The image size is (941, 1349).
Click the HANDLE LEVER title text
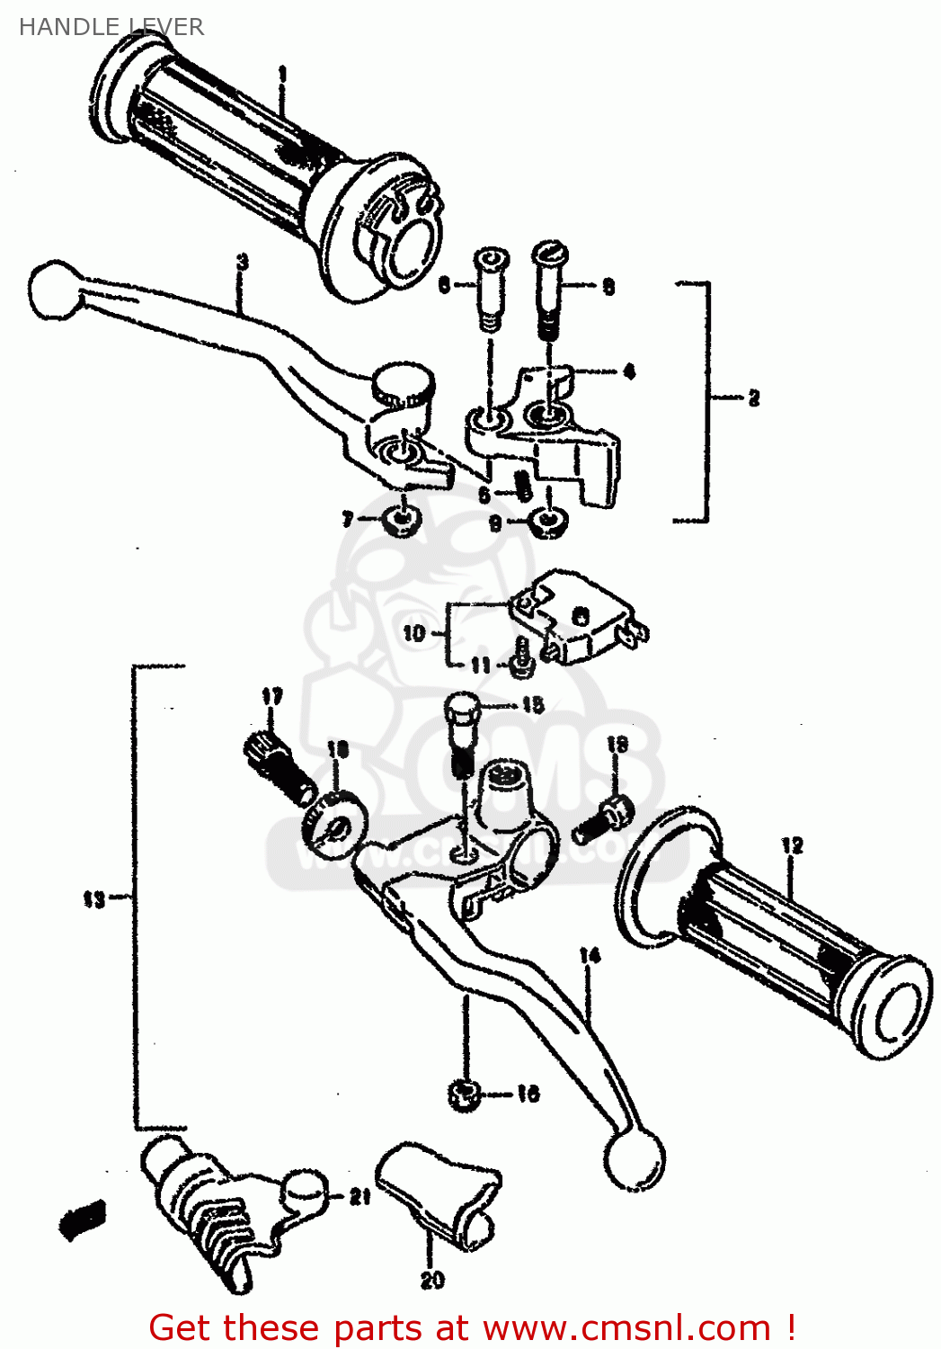pyautogui.click(x=111, y=27)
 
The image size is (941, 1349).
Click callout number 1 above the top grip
pyautogui.click(x=282, y=73)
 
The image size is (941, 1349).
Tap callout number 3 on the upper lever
pyautogui.click(x=242, y=263)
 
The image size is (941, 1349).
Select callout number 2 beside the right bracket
pyautogui.click(x=753, y=398)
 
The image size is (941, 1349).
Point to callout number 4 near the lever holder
pyautogui.click(x=628, y=371)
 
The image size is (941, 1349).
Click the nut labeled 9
pyautogui.click(x=546, y=522)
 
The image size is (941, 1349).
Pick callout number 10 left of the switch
pyautogui.click(x=413, y=633)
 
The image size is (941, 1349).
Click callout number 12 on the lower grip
pyautogui.click(x=792, y=845)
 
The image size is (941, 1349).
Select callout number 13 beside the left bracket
pyautogui.click(x=93, y=898)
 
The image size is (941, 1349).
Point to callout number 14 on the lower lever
pyautogui.click(x=590, y=955)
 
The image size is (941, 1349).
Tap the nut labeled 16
pyautogui.click(x=463, y=1094)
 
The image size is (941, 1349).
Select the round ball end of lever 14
pyautogui.click(x=635, y=1159)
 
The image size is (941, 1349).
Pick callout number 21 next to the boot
pyautogui.click(x=360, y=1196)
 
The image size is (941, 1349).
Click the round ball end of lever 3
pyautogui.click(x=54, y=290)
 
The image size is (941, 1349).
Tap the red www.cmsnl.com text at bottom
pyautogui.click(x=626, y=1327)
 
